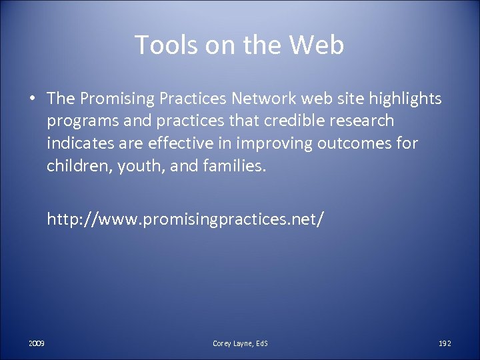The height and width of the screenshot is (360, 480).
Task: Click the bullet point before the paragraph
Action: click(x=32, y=99)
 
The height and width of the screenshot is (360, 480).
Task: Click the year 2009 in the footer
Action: click(x=37, y=343)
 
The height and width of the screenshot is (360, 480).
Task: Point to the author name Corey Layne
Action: click(x=233, y=343)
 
